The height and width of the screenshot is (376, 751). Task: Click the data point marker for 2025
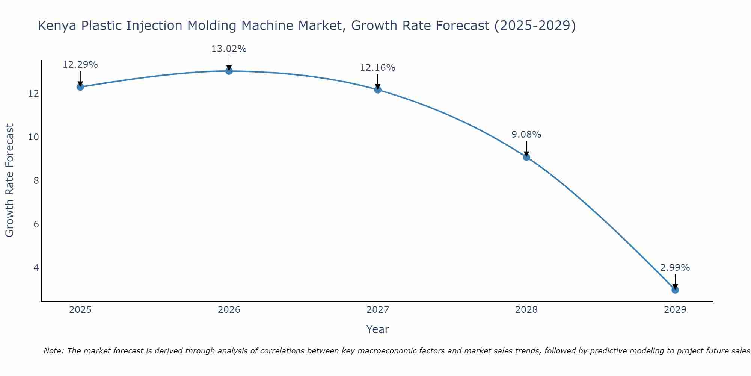click(x=80, y=87)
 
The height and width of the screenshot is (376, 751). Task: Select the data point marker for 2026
click(x=229, y=71)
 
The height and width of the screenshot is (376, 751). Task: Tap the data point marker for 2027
click(x=378, y=89)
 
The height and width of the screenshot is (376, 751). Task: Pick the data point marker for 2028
click(x=526, y=157)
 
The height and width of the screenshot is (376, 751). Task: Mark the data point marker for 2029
click(x=675, y=290)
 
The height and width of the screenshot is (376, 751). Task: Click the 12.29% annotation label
click(x=80, y=65)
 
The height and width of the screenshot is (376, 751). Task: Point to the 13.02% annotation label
click(x=229, y=49)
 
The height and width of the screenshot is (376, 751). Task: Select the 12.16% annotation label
click(x=378, y=68)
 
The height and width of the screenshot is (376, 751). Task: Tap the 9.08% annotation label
click(x=526, y=135)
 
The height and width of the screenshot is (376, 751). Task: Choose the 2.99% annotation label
click(x=675, y=268)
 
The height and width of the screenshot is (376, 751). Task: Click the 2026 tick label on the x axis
click(x=229, y=310)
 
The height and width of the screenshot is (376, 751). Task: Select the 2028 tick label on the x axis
click(x=526, y=310)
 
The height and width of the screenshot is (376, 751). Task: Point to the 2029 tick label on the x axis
click(x=675, y=310)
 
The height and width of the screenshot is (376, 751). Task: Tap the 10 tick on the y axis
click(x=34, y=137)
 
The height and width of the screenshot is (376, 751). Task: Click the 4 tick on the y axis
click(x=36, y=268)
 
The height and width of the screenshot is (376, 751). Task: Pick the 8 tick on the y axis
click(x=36, y=181)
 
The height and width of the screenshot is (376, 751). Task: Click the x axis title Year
click(x=377, y=329)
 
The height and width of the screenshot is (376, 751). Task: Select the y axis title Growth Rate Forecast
click(x=10, y=180)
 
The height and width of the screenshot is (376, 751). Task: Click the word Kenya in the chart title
click(x=57, y=26)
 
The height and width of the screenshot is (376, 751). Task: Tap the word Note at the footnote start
click(x=53, y=351)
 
